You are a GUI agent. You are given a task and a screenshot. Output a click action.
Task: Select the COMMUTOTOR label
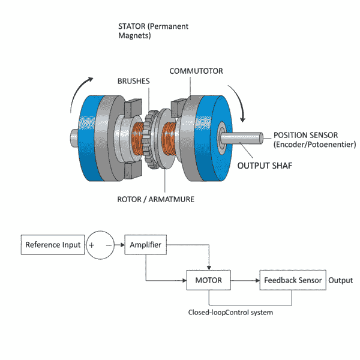tap(196, 71)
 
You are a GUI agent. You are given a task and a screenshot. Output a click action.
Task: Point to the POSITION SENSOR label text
tap(305, 135)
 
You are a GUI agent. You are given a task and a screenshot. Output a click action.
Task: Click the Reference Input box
tap(52, 245)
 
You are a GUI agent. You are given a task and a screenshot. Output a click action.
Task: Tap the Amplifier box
tap(146, 245)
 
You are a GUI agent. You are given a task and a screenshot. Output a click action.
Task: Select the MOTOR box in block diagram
tap(209, 280)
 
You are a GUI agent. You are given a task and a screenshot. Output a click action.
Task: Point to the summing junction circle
tap(100, 245)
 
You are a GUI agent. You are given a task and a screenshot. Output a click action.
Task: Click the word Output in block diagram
tap(341, 280)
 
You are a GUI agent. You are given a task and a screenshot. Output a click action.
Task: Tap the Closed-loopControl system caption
tap(231, 312)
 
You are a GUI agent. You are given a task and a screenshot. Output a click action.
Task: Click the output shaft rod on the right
tap(246, 137)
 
